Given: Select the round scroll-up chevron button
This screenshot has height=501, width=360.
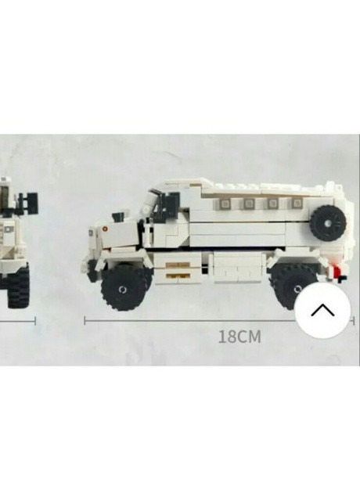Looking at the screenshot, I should (322, 309).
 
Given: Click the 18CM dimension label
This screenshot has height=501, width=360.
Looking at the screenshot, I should (239, 337).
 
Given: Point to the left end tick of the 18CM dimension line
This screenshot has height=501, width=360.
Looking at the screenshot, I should (85, 319).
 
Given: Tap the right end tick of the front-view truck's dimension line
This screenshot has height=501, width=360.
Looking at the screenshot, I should (35, 319).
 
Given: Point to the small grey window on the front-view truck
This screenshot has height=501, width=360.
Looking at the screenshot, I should (8, 229).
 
